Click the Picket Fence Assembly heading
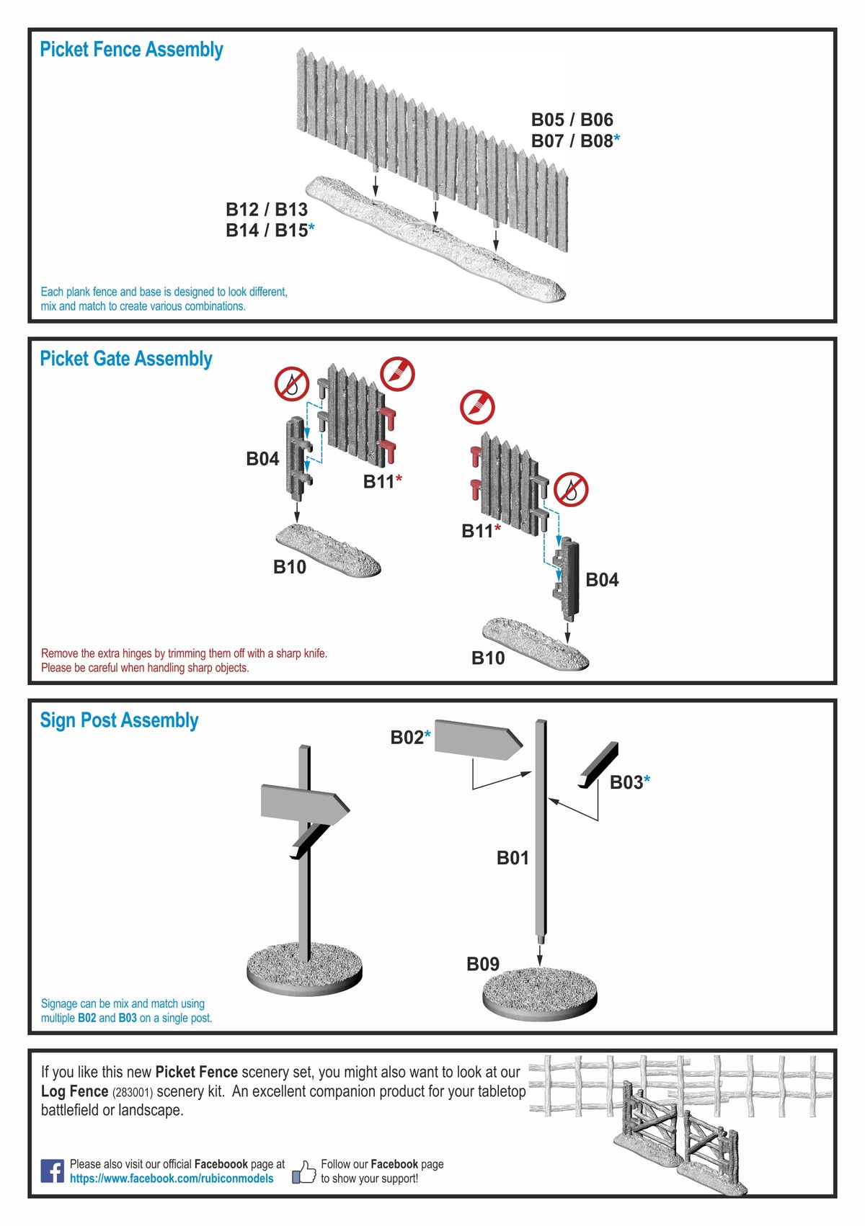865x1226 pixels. click(x=131, y=50)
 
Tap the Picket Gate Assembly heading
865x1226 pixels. click(x=126, y=359)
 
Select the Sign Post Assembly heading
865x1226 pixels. click(x=119, y=720)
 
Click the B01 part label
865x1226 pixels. click(x=513, y=858)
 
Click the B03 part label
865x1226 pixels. click(x=626, y=782)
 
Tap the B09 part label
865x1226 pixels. click(x=483, y=964)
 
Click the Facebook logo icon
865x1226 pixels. click(x=52, y=1171)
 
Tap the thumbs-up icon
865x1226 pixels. click(x=304, y=1172)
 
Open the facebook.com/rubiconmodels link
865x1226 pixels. click(x=172, y=1178)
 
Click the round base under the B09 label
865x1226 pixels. click(x=539, y=993)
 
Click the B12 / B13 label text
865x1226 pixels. click(x=267, y=210)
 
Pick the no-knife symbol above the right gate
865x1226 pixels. click(x=477, y=407)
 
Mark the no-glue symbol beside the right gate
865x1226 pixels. click(x=571, y=490)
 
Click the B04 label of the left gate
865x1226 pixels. click(x=262, y=459)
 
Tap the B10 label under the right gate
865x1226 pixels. click(x=488, y=658)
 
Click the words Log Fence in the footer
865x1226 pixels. click(x=74, y=1091)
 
